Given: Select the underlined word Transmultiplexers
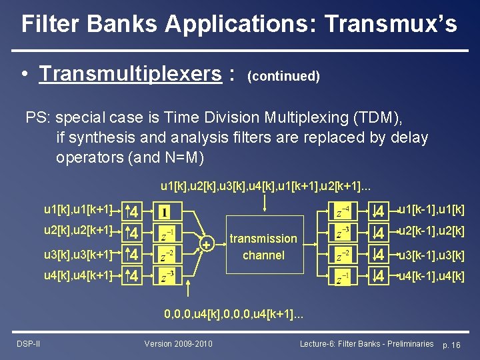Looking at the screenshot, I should pos(130,73).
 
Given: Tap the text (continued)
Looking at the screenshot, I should pos(283,76).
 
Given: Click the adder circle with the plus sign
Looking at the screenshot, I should pos(207,245).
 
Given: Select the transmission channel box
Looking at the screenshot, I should pos(263,247).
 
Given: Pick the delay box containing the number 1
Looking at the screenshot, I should pos(164,213).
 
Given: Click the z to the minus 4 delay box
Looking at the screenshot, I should pos(341,213).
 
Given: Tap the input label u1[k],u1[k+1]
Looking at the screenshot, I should pos(78,211).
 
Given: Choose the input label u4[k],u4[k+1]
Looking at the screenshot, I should pos(78,275).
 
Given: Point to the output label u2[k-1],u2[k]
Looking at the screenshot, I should pos(431,232).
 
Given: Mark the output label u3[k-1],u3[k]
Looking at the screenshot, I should pos(431,255).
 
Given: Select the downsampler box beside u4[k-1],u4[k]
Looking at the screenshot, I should pos(379,275).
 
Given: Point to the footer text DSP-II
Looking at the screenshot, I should pos(28,343).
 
